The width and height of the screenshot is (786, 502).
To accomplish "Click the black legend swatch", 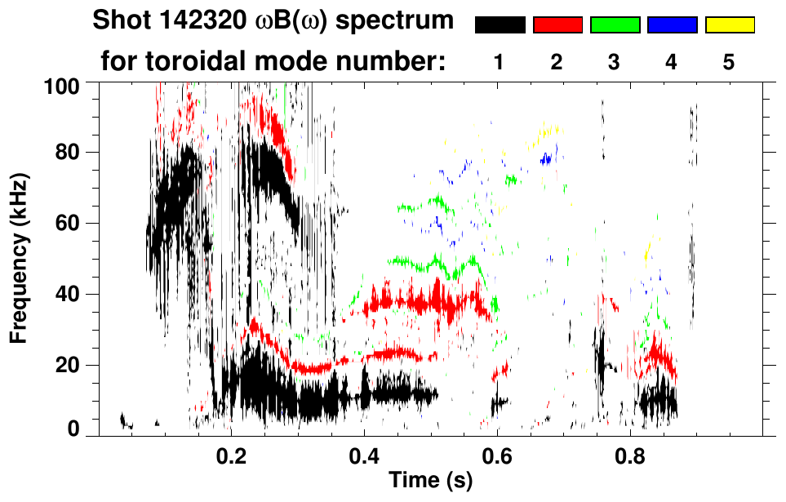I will [x=500, y=25].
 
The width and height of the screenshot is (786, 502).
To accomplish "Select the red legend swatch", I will [x=557, y=25].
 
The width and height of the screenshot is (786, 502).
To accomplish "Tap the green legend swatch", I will [x=615, y=25].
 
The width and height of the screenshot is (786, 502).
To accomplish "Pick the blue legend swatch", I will [x=672, y=25].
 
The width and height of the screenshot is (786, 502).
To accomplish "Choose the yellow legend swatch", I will [x=730, y=25].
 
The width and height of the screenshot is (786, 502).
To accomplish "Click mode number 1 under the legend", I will [x=499, y=62].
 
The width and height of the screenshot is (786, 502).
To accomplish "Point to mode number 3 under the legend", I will [x=615, y=62].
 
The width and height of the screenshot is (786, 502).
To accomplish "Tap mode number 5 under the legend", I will [x=729, y=62].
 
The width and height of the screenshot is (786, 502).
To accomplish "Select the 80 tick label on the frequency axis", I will [x=69, y=153].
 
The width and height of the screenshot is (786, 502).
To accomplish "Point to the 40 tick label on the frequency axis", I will [x=69, y=294].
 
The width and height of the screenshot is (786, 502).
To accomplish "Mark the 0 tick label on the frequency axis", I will [x=73, y=429].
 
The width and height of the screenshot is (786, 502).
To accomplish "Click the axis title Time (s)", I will [x=430, y=481].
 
